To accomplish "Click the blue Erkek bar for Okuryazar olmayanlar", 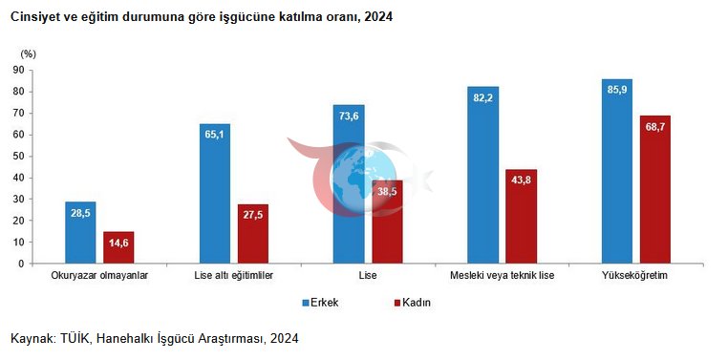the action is pyautogui.click(x=80, y=232).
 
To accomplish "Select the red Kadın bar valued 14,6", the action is pyautogui.click(x=118, y=247).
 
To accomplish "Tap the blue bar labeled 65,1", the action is pyautogui.click(x=215, y=194).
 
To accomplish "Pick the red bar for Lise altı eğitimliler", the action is pyautogui.click(x=253, y=234).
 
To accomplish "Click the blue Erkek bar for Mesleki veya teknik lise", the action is pyautogui.click(x=482, y=175).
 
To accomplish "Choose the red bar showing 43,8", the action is pyautogui.click(x=522, y=216).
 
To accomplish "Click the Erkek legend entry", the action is pyautogui.click(x=320, y=303).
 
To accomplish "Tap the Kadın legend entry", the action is pyautogui.click(x=413, y=303).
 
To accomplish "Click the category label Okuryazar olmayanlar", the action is pyautogui.click(x=99, y=276).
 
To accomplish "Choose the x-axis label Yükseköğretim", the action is pyautogui.click(x=634, y=276).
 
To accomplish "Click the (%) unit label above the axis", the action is pyautogui.click(x=28, y=53).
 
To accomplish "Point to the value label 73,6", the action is pyautogui.click(x=349, y=116).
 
